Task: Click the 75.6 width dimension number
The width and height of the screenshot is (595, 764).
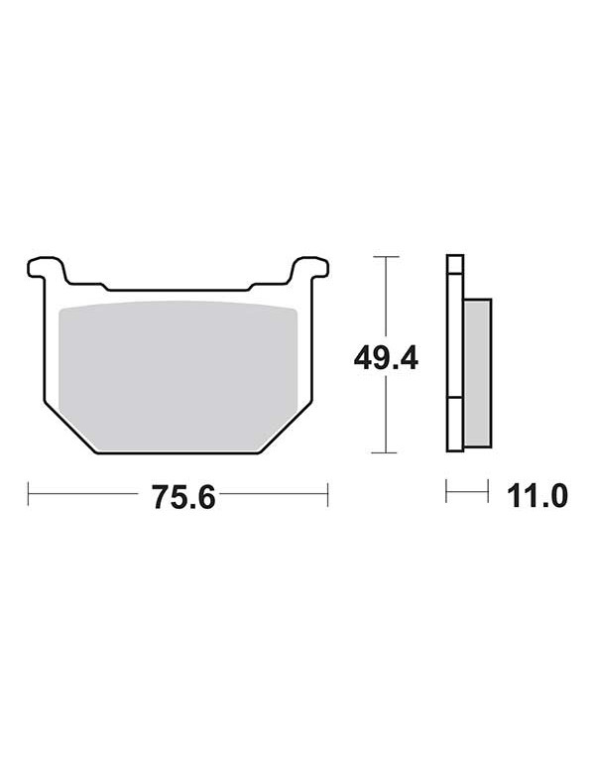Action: click(x=183, y=497)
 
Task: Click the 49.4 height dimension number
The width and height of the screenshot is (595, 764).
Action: click(x=386, y=358)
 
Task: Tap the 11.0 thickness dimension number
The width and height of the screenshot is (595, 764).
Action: click(x=537, y=496)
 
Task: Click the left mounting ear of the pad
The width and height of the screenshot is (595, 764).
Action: click(x=47, y=268)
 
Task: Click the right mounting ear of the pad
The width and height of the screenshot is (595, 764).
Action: click(x=310, y=268)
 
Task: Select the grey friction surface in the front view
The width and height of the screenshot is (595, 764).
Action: click(x=178, y=375)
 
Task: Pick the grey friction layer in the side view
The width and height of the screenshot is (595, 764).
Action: click(x=478, y=373)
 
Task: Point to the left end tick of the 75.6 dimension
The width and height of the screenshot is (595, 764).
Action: click(x=28, y=494)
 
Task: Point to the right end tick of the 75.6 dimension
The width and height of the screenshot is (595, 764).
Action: click(x=327, y=494)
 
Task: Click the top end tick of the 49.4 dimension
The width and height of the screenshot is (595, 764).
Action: click(x=386, y=256)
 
